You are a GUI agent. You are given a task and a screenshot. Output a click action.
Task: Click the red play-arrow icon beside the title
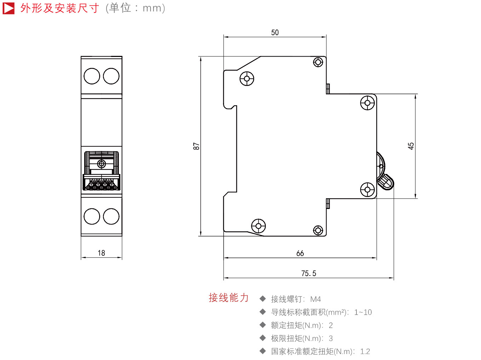[8, 8]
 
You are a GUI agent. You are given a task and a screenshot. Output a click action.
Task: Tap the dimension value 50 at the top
[275, 33]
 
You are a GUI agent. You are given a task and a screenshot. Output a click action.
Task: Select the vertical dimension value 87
[196, 146]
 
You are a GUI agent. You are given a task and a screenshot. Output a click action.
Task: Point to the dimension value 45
[411, 146]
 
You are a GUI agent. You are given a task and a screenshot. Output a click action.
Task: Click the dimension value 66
[300, 253]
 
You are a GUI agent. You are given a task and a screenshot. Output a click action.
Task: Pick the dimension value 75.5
[309, 273]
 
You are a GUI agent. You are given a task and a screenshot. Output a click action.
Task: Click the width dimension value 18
[101, 253]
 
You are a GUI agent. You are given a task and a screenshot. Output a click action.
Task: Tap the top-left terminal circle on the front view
[92, 76]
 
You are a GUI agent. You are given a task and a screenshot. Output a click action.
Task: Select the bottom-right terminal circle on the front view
[111, 216]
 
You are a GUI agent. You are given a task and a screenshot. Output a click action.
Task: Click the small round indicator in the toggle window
[101, 164]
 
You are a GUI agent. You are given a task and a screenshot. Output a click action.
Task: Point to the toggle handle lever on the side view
[385, 182]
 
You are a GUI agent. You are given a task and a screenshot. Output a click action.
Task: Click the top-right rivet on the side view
[318, 62]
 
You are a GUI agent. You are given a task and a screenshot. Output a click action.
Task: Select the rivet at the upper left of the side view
[247, 79]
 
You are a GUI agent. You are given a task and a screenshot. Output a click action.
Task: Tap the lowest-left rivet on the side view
[258, 226]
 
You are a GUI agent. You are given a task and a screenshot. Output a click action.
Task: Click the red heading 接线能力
[229, 298]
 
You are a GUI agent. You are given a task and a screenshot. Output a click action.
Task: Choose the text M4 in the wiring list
[315, 299]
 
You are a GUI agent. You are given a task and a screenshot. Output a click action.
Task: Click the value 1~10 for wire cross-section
[363, 312]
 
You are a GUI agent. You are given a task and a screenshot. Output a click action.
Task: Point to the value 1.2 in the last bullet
[365, 352]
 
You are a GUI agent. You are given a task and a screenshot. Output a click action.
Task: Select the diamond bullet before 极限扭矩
[263, 338]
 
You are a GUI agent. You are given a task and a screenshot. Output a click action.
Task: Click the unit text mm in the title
[152, 8]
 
